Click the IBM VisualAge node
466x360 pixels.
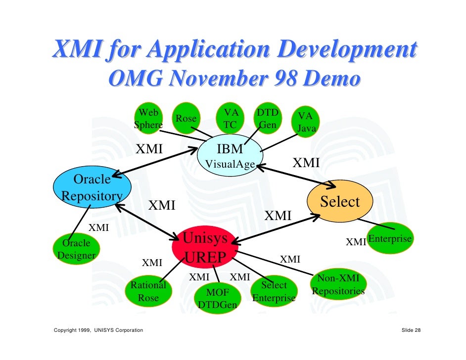point(230,155)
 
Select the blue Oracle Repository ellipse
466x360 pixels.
point(92,187)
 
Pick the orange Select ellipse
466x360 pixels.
point(340,202)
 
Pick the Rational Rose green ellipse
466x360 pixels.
point(148,291)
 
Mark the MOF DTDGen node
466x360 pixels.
point(217,298)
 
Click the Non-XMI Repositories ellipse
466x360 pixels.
point(339,285)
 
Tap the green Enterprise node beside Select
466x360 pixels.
point(390,239)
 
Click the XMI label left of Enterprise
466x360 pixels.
point(355,242)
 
